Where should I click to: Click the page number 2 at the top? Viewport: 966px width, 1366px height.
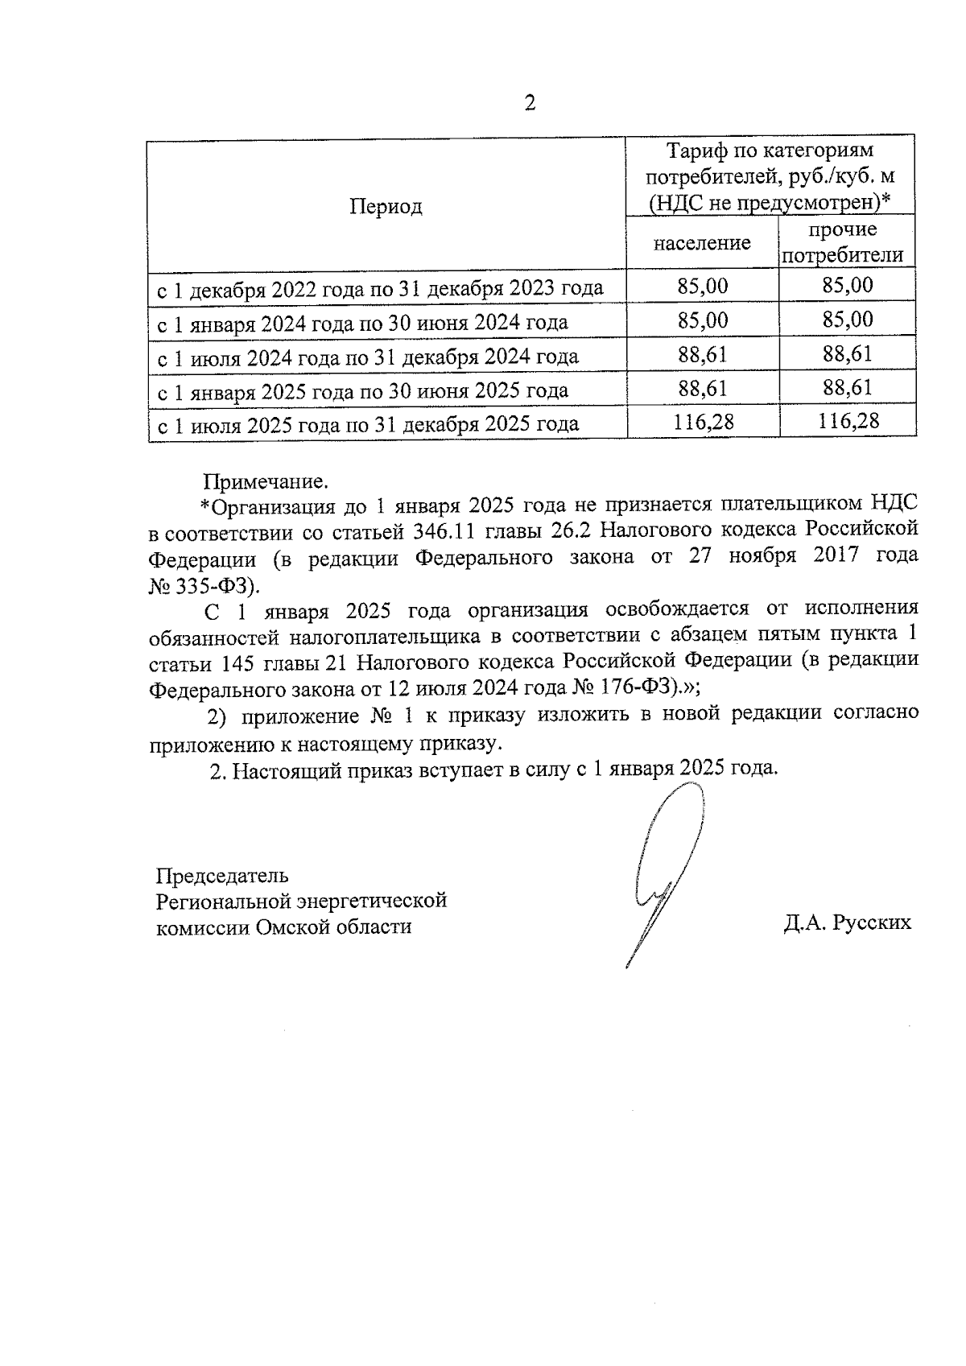(529, 104)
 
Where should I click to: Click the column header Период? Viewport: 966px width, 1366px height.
(386, 207)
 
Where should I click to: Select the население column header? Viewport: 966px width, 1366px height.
(702, 243)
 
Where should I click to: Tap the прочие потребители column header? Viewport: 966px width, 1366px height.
(843, 243)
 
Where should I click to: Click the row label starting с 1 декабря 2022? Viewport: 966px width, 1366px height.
(379, 288)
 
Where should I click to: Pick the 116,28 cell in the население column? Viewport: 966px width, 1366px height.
(703, 421)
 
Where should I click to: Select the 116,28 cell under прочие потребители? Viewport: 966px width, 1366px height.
(848, 420)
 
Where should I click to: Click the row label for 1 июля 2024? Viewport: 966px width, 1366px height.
(367, 357)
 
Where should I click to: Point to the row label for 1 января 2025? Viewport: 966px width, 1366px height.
(362, 390)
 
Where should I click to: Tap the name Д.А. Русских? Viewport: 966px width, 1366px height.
(847, 922)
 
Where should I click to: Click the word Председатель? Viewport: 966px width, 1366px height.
(221, 875)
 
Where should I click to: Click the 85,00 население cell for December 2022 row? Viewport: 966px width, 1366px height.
(703, 285)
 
